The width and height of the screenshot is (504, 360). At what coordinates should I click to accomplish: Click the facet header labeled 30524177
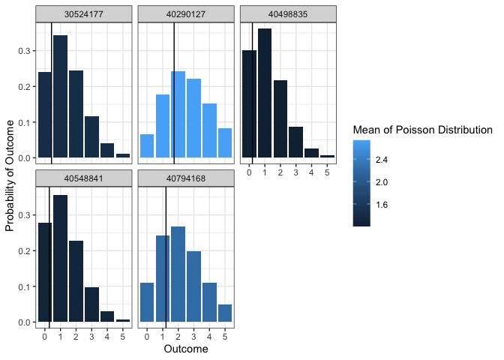tap(83, 13)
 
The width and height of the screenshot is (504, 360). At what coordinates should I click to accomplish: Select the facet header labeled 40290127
tap(185, 13)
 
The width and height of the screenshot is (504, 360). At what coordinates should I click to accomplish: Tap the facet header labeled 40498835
tap(287, 13)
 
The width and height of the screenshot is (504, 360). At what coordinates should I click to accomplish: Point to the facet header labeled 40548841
tap(83, 178)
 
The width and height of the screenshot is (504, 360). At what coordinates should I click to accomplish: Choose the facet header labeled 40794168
tap(185, 178)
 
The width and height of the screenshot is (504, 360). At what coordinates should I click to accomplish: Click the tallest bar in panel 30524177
tap(61, 97)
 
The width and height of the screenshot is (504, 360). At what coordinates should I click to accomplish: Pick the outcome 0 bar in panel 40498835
tap(249, 104)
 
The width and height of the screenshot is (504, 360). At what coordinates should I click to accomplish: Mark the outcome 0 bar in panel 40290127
tap(147, 146)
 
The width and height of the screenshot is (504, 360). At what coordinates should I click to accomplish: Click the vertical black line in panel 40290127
tap(174, 90)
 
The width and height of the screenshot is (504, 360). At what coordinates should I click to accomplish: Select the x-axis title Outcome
tap(185, 349)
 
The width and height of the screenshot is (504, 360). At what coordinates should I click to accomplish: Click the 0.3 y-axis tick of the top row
tap(25, 51)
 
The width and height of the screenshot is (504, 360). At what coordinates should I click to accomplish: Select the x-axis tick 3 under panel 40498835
tap(295, 172)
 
